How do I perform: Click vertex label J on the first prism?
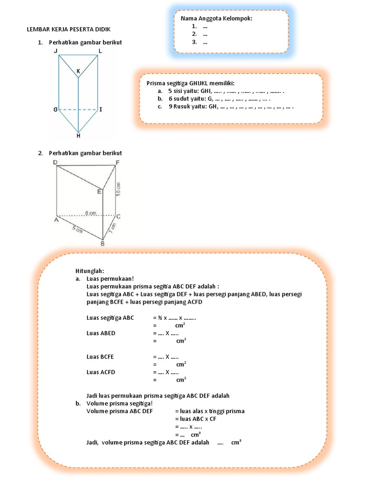click(56, 51)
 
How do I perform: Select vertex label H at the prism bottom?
click(78, 136)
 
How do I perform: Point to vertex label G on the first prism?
click(55, 110)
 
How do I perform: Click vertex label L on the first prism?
click(100, 51)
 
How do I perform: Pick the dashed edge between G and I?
click(78, 110)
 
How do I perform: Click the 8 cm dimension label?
click(91, 212)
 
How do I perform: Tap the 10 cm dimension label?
click(119, 190)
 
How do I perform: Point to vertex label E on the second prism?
click(99, 192)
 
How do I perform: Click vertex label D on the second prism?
click(55, 163)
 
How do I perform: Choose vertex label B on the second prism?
click(102, 244)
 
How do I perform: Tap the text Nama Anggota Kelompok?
click(216, 19)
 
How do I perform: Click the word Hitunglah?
click(89, 271)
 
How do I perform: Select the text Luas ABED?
click(101, 333)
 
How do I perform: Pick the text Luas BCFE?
click(100, 356)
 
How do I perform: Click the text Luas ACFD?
click(101, 372)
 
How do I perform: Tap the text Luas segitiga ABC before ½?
click(110, 317)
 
